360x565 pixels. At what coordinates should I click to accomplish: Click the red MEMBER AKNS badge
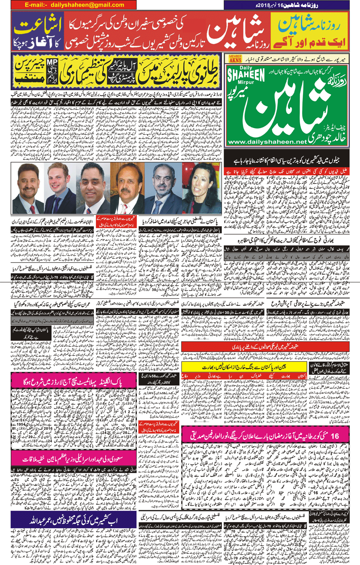235,58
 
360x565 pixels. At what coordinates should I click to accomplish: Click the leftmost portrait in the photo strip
28,185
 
